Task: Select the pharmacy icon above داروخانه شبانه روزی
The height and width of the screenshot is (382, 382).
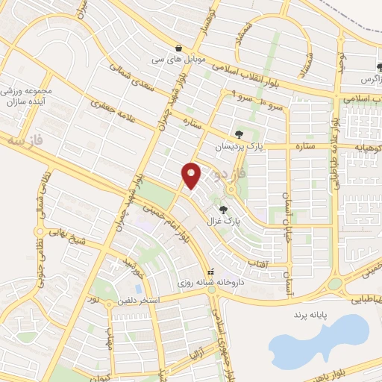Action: (x=211, y=272)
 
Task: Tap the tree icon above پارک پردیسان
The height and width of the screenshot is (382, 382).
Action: (x=238, y=134)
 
